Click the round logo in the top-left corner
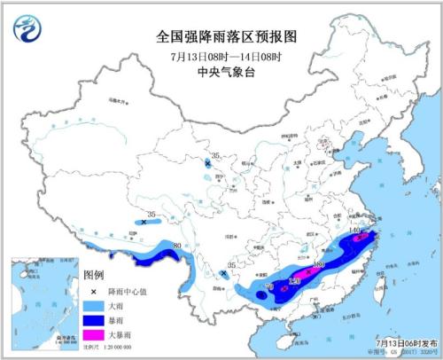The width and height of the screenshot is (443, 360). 28,29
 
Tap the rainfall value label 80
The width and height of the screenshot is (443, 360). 178,246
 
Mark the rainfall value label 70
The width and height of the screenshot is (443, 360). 269,288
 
